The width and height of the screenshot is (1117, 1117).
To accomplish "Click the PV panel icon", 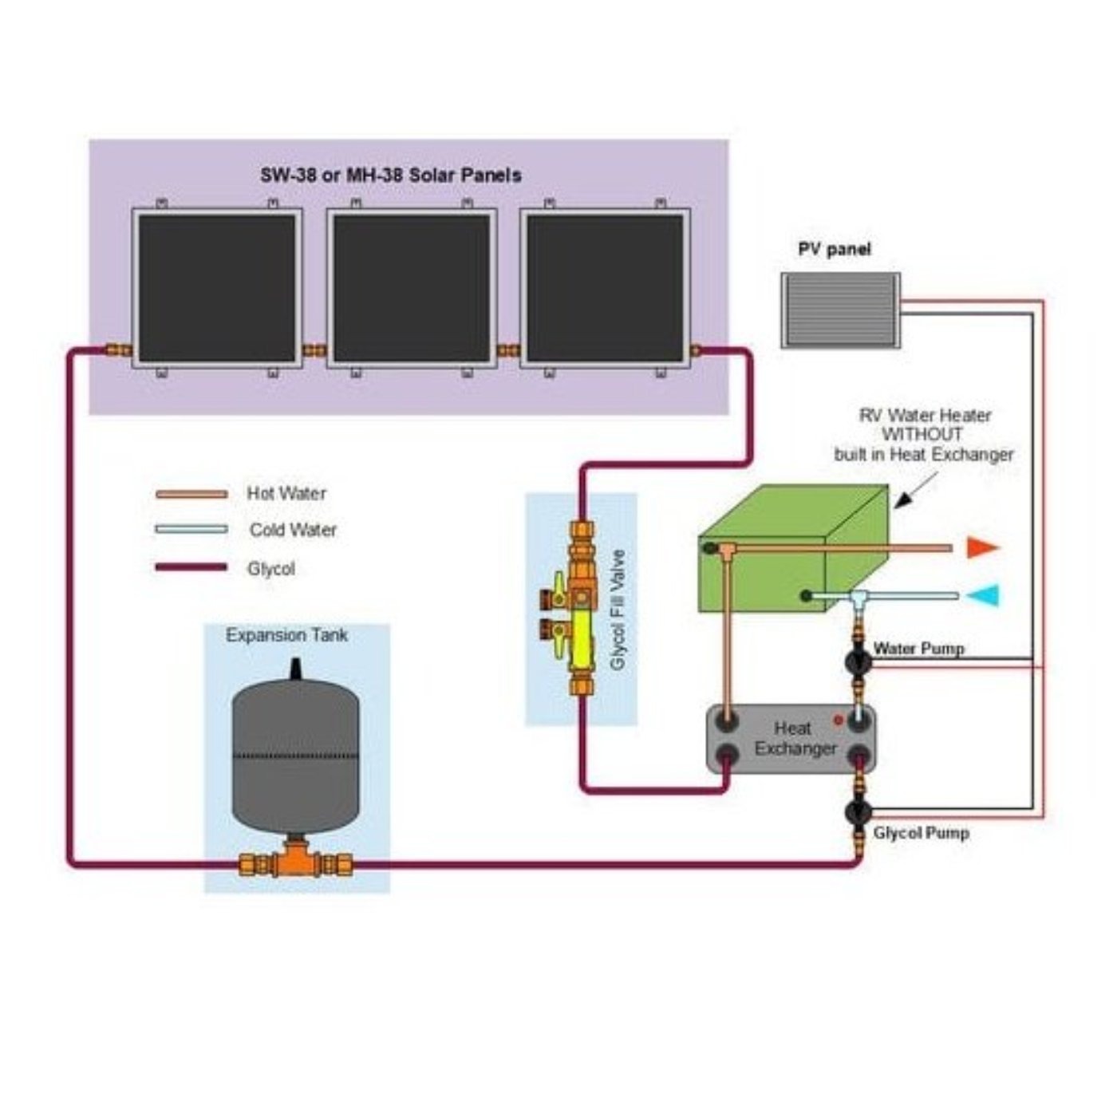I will click(841, 310).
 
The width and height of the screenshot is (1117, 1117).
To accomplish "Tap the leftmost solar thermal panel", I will click(217, 288).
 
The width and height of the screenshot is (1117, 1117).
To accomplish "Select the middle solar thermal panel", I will click(412, 288).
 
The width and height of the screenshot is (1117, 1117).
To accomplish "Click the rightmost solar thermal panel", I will click(606, 288).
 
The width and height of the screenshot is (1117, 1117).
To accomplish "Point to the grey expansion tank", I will click(295, 754).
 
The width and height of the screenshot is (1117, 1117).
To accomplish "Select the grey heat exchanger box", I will click(792, 740).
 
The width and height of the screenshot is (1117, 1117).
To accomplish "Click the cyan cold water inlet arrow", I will click(983, 595).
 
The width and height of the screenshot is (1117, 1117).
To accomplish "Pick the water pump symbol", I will click(858, 661).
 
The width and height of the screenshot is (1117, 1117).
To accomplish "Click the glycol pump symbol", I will click(858, 813).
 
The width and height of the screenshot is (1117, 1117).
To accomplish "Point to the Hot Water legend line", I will click(191, 495).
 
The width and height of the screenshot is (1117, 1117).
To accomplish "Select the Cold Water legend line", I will click(191, 529).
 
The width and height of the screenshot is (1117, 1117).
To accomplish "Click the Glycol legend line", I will click(191, 567).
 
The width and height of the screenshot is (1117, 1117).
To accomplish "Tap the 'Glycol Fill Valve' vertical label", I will click(618, 610).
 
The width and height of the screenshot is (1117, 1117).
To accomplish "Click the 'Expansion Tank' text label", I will click(286, 636).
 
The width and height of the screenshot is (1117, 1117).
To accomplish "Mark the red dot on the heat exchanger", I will click(839, 720).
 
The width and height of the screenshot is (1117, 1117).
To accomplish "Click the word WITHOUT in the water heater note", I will click(922, 435).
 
